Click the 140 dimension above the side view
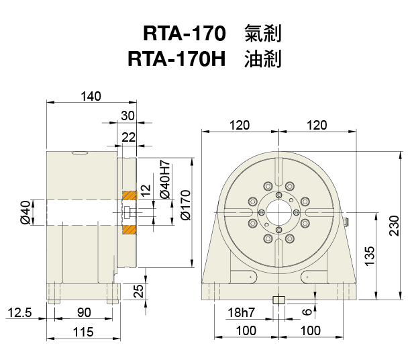[x=90, y=96]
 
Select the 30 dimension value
[x=127, y=115]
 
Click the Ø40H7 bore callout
[x=164, y=180]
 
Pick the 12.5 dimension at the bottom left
[x=20, y=313]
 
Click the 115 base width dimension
[x=83, y=332]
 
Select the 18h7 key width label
[x=241, y=313]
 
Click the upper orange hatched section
[x=128, y=195]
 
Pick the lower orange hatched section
[x=128, y=229]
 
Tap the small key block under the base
[x=279, y=300]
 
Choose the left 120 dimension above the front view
[x=239, y=125]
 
